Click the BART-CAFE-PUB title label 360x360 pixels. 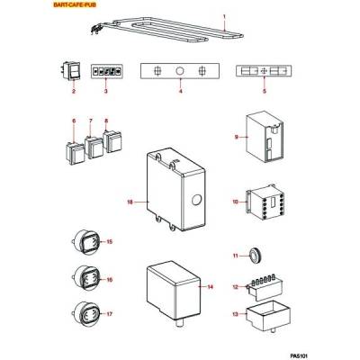75,4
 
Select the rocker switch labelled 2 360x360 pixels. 72,71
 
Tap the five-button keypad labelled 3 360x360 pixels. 107,71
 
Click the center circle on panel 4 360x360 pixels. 180,71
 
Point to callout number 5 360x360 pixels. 265,91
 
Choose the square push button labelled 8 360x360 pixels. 112,141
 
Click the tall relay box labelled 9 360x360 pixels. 265,137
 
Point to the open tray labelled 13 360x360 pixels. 268,316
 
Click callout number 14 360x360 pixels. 211,287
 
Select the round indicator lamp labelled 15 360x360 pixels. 85,242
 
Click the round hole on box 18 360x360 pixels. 196,200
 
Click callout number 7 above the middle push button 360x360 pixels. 91,121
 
